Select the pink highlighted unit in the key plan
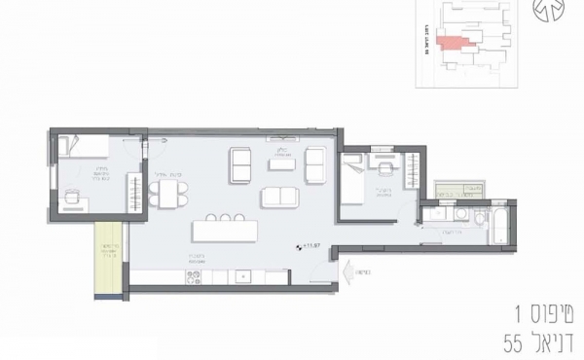tap(451, 42)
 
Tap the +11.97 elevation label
tap(312, 247)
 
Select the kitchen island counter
tap(227, 234)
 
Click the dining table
tap(171, 192)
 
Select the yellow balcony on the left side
tap(107, 257)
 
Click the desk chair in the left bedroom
tap(71, 197)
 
